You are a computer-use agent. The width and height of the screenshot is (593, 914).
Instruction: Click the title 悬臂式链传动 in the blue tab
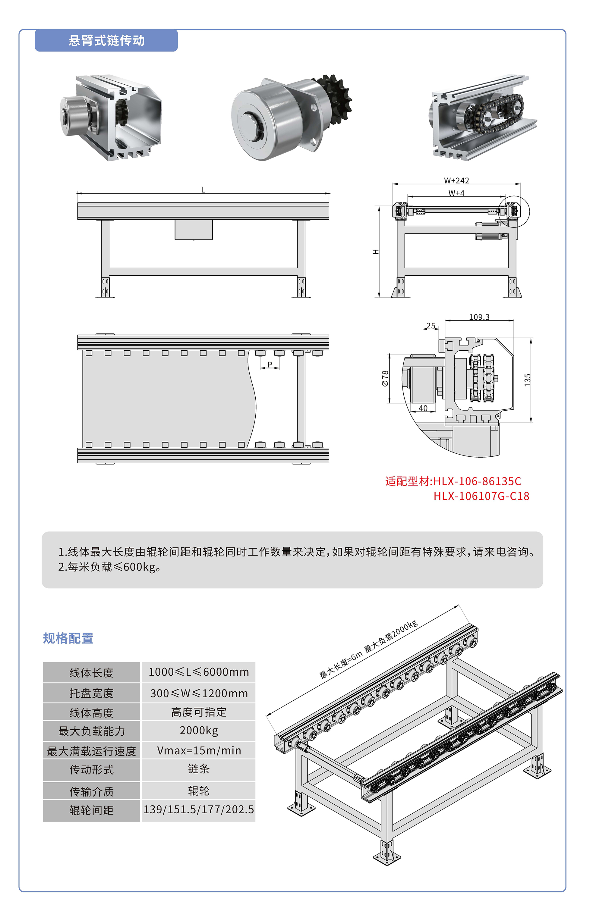click(106, 41)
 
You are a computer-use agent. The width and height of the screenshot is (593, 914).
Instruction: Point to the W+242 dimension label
click(456, 180)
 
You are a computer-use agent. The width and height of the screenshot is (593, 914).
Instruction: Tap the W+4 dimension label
click(456, 193)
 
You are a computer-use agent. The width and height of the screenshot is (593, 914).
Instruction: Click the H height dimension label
click(376, 252)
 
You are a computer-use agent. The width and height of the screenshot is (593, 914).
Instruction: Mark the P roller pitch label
click(270, 364)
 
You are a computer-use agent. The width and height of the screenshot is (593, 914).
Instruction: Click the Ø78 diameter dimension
click(385, 378)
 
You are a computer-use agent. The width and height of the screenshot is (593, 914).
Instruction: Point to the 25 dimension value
click(431, 326)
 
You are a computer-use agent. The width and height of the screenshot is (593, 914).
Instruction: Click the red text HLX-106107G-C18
click(481, 496)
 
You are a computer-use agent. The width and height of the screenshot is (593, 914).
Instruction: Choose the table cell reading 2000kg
click(198, 731)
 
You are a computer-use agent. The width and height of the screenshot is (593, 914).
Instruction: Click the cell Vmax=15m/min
click(198, 750)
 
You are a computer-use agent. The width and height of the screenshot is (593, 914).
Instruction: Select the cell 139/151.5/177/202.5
click(198, 809)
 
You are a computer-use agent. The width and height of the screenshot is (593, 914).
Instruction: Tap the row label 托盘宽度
click(91, 693)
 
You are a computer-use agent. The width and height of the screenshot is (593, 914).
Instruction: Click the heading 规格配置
click(68, 639)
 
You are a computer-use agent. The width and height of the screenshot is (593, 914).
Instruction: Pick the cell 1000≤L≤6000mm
click(198, 672)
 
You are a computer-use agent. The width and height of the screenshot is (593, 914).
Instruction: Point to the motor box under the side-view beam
click(193, 230)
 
